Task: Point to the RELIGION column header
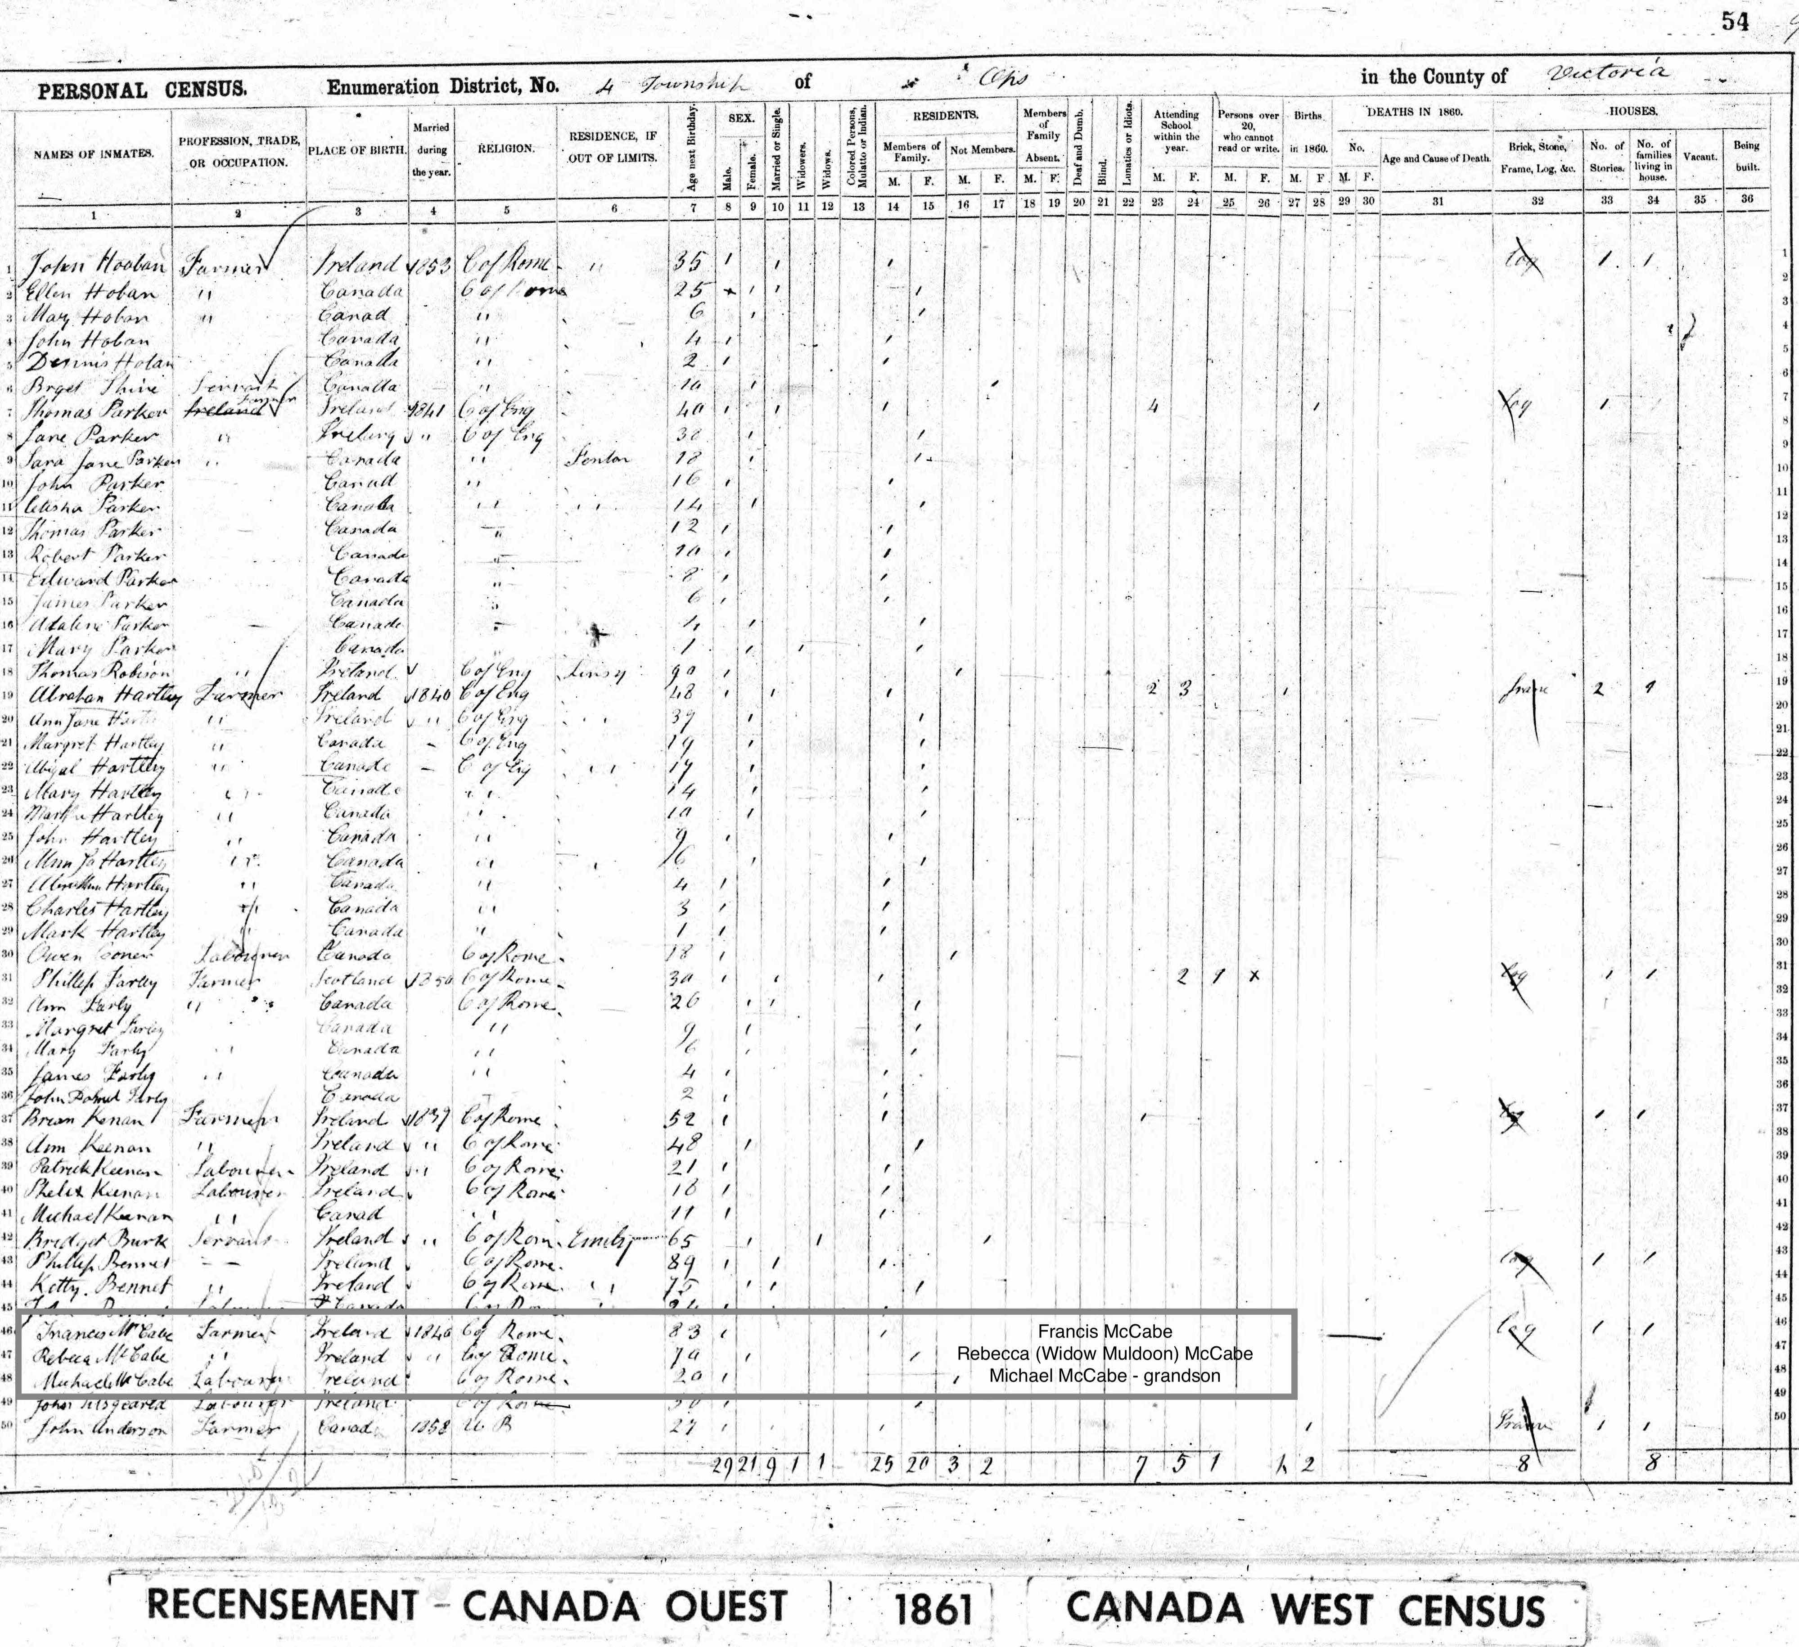pos(506,149)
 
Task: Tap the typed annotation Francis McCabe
pos(1105,1332)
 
